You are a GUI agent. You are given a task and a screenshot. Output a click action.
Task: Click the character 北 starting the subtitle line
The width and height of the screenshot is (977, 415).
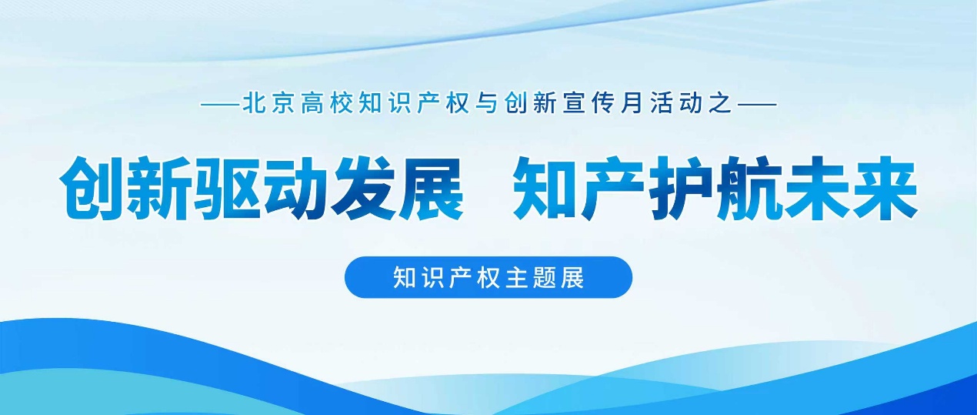254,104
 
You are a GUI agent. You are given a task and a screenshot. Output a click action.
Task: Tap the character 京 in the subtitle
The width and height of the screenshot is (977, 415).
283,104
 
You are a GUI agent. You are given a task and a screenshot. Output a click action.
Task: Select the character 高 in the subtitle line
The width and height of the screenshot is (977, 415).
312,104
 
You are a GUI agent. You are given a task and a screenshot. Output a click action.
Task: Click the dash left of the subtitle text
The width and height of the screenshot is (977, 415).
220,105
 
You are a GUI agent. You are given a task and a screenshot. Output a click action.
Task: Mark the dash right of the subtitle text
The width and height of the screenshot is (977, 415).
757,105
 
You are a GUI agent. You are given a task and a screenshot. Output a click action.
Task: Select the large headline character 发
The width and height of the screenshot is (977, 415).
362,189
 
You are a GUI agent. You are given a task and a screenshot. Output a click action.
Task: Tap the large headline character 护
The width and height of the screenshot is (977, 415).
682,189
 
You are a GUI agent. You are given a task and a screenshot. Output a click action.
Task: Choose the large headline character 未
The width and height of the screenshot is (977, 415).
816,189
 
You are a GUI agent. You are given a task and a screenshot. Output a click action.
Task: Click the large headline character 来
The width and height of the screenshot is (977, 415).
885,189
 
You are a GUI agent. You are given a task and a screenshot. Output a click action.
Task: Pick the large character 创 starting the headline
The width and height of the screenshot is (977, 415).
93,189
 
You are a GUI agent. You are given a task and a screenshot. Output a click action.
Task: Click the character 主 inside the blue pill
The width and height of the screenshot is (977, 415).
516,277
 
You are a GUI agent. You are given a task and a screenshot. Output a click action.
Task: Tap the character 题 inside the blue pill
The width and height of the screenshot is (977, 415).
545,277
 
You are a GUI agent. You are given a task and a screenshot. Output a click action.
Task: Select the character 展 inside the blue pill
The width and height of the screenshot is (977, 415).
572,277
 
